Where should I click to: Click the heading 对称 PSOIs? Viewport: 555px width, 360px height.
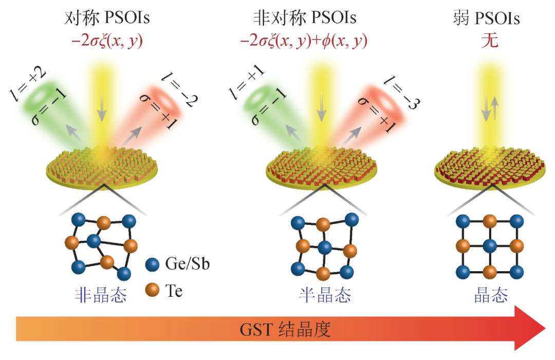[x=107, y=18]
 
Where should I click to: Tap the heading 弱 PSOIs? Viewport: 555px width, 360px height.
[x=484, y=18]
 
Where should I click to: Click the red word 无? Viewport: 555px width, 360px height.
[x=490, y=41]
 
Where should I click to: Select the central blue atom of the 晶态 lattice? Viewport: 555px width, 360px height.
[x=490, y=245]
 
